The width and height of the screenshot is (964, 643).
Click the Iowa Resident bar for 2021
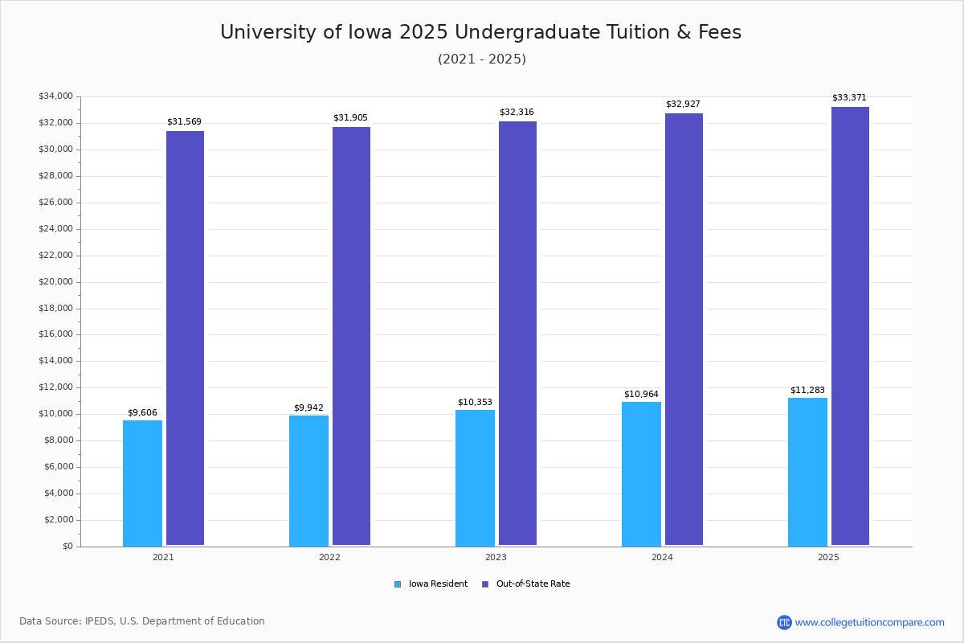142,482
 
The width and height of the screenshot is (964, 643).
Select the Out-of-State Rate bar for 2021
185,338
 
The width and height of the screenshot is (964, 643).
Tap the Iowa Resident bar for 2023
475,477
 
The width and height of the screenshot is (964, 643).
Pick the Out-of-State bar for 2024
684,330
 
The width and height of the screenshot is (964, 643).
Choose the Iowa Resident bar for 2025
807,472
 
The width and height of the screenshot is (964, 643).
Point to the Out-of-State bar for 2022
351,336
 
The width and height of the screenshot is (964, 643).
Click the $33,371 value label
849,98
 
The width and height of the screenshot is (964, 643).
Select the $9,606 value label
142,413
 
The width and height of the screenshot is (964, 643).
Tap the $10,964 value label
641,395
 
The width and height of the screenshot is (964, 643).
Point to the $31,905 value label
350,118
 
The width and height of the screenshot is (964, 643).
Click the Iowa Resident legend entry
431,584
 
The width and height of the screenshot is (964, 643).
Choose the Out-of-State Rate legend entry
526,584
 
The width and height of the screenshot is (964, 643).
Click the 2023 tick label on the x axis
496,557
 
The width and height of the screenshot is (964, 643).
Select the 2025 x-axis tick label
828,557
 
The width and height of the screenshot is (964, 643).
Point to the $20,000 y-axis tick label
55,282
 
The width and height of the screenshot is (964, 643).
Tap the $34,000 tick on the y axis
55,96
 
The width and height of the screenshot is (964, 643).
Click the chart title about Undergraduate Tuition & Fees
480,32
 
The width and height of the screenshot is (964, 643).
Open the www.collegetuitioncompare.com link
869,622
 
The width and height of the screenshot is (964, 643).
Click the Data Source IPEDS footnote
142,621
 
